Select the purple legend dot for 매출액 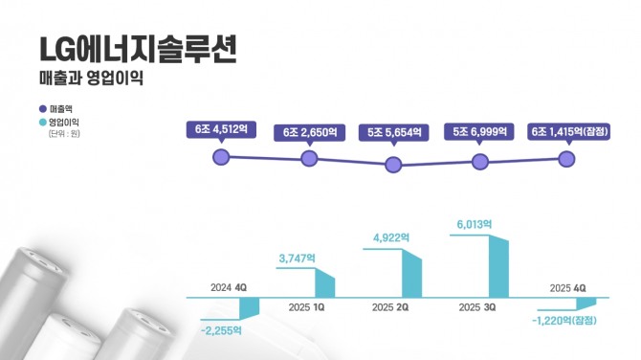42,110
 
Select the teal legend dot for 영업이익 42,123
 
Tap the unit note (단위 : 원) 64,134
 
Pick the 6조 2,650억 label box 308,132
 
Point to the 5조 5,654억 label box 392,132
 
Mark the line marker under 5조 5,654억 392,165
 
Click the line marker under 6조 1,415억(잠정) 566,159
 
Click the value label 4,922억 390,237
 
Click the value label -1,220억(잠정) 562,321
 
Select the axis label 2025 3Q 475,308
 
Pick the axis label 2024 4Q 229,287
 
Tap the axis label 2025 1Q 306,308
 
